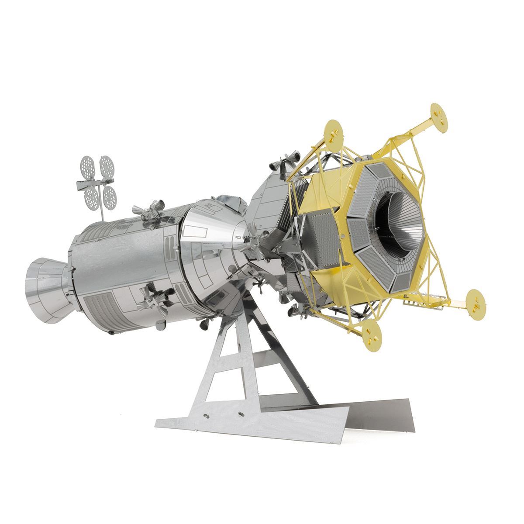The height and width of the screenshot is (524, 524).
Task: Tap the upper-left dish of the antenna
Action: tap(88, 165)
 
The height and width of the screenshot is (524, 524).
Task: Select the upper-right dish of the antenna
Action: tap(106, 164)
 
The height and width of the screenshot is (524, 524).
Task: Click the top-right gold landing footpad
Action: tap(439, 112)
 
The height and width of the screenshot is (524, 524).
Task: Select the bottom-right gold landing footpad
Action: tap(473, 298)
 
